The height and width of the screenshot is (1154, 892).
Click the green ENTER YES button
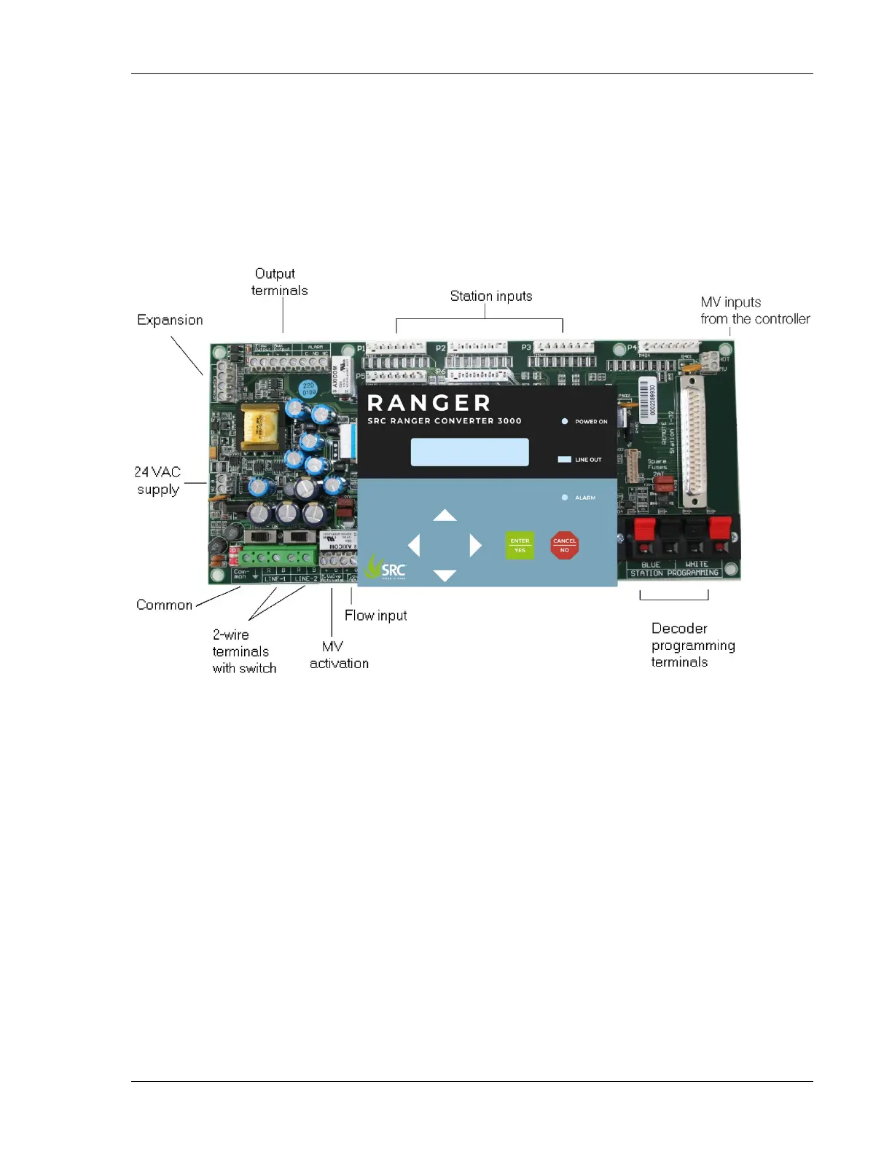coord(520,545)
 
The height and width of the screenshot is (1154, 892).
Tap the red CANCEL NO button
coord(564,545)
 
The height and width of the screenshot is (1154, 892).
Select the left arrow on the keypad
coord(414,545)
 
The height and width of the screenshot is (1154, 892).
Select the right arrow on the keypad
coord(475,545)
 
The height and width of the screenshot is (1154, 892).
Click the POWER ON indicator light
coord(565,421)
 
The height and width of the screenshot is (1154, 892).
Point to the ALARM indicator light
coord(565,498)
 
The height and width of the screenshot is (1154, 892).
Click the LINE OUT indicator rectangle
coord(564,460)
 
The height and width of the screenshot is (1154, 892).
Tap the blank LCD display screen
coord(469,452)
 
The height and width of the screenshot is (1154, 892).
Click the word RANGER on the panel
coord(429,403)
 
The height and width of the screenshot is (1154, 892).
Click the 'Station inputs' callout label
coord(490,296)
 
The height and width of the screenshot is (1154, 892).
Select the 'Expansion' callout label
coord(170,320)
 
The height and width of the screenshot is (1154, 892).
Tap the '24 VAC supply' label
coord(157,481)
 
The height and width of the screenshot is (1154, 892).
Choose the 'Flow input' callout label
coord(375,616)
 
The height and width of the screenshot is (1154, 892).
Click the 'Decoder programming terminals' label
coord(692,645)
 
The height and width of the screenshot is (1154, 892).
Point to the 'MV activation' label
coord(338,655)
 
